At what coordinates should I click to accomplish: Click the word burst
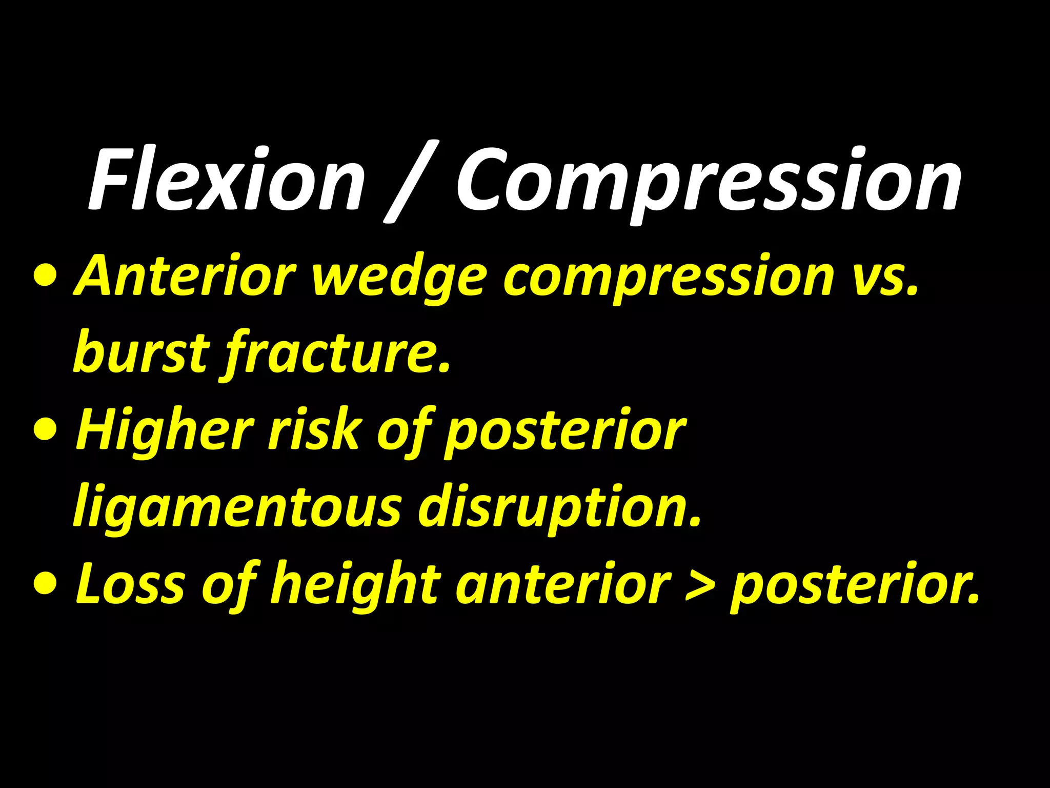(142, 352)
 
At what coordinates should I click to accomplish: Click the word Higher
(165, 431)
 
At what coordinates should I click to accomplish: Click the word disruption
(559, 508)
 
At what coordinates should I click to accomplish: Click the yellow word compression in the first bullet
(669, 278)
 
